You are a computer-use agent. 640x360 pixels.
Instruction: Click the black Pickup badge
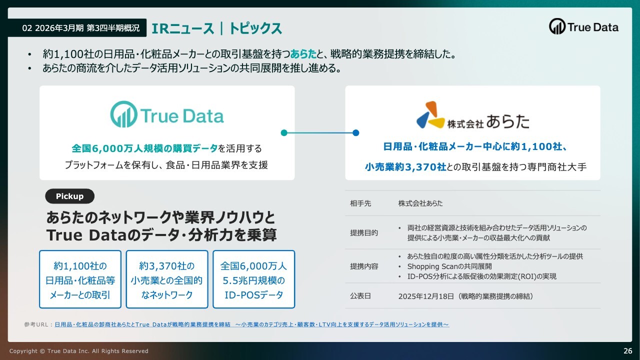click(x=69, y=196)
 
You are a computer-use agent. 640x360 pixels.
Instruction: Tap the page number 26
click(x=627, y=351)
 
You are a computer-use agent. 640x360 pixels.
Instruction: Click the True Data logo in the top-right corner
click(x=583, y=26)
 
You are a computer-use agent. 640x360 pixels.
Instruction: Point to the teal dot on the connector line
click(x=284, y=133)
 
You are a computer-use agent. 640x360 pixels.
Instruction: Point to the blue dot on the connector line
click(x=355, y=133)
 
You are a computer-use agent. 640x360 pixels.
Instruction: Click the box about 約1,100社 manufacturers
click(x=80, y=279)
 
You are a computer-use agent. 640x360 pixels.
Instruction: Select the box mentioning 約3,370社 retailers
click(x=167, y=279)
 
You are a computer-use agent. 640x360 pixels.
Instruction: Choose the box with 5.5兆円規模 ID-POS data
click(x=253, y=279)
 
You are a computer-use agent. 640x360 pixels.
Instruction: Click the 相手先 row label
click(x=360, y=203)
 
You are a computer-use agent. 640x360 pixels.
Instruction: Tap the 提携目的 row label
click(x=364, y=233)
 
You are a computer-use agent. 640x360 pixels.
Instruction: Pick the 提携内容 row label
click(x=364, y=266)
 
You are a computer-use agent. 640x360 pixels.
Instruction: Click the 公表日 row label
click(x=360, y=296)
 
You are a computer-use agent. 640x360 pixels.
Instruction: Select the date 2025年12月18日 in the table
click(x=426, y=296)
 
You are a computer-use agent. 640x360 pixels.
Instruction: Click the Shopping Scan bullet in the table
click(x=449, y=266)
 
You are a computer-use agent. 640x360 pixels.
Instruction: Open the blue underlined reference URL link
click(x=251, y=324)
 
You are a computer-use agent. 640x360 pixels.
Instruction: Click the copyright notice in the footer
click(x=79, y=351)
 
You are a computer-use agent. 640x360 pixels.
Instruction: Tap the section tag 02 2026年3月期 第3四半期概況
click(x=81, y=27)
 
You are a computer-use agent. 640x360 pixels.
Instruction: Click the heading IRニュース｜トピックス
click(x=216, y=28)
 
